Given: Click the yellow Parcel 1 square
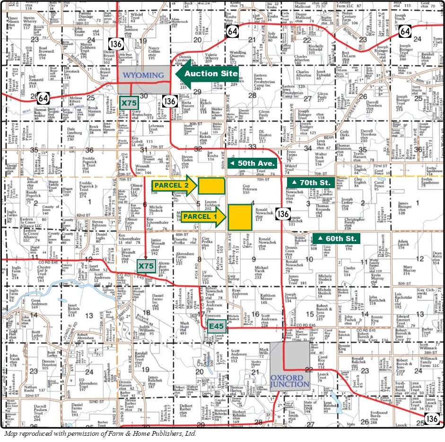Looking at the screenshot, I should (240, 217).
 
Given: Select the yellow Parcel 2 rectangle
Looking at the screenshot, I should (211, 186).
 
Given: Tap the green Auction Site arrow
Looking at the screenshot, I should (207, 74).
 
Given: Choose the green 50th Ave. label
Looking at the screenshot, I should (253, 163).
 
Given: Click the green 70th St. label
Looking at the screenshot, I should (311, 182).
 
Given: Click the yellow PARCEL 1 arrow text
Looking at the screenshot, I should (200, 216).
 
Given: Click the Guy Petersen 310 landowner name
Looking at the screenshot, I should (246, 189).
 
